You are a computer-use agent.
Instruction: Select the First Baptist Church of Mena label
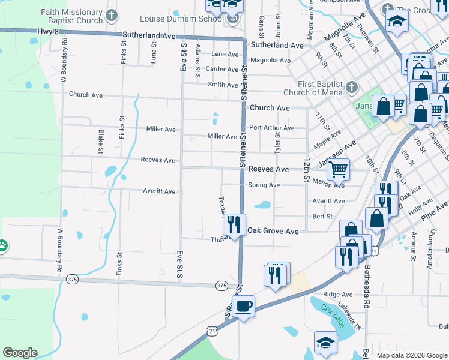321,88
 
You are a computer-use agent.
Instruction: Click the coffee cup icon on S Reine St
243,307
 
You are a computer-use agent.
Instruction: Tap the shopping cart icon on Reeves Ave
338,170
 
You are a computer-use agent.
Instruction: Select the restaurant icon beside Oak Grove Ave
234,224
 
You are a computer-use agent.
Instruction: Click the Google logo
20,353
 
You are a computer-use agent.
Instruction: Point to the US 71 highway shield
211,331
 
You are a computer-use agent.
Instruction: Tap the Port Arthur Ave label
272,128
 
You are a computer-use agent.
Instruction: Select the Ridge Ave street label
338,295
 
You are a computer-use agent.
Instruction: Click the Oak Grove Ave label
273,231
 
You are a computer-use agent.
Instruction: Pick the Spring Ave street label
264,185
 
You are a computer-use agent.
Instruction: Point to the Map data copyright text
411,355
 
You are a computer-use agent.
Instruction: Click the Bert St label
322,216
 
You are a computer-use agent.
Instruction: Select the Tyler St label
278,144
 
